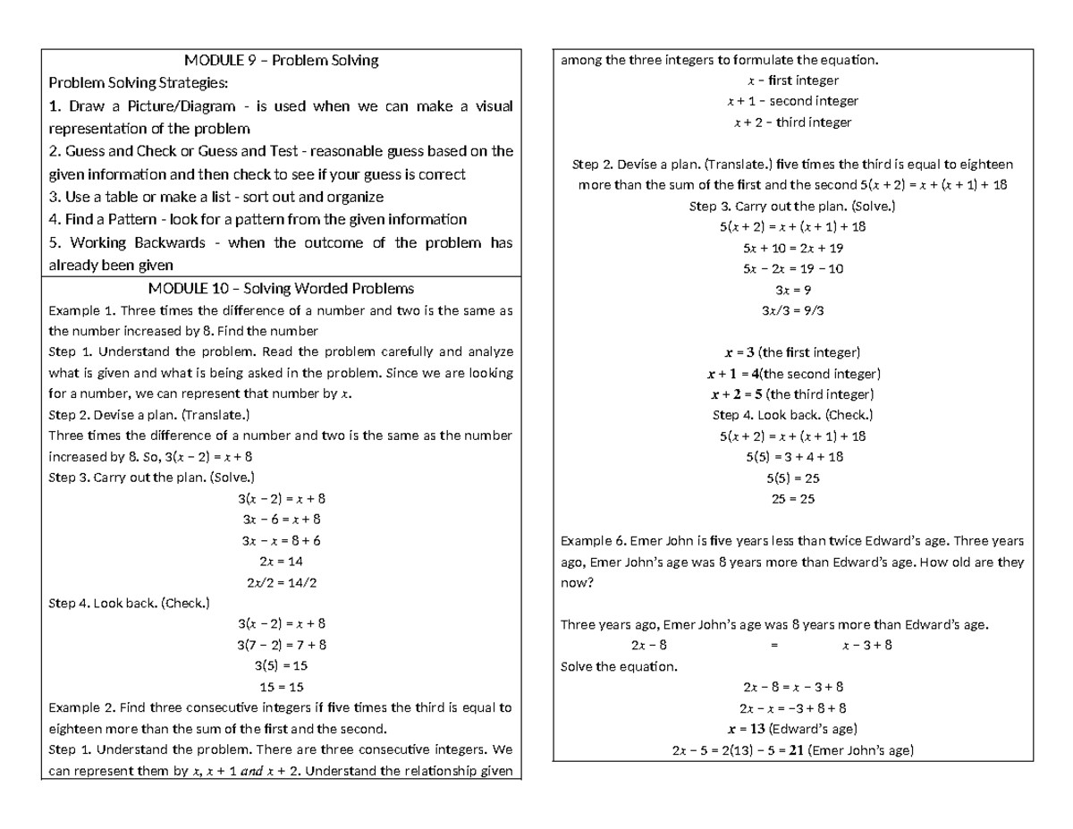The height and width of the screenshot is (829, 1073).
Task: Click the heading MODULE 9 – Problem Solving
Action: coord(281,61)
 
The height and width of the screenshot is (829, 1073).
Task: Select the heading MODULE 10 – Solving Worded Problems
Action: coord(281,288)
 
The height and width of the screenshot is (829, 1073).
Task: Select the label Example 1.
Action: coord(81,311)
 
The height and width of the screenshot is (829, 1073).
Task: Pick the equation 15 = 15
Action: coord(281,687)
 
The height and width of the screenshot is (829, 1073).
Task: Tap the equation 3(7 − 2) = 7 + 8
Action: coord(281,644)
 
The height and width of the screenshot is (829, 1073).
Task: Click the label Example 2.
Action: coord(81,707)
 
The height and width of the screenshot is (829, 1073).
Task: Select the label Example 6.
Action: coord(593,541)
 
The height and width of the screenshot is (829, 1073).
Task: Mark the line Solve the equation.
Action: coord(619,666)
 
